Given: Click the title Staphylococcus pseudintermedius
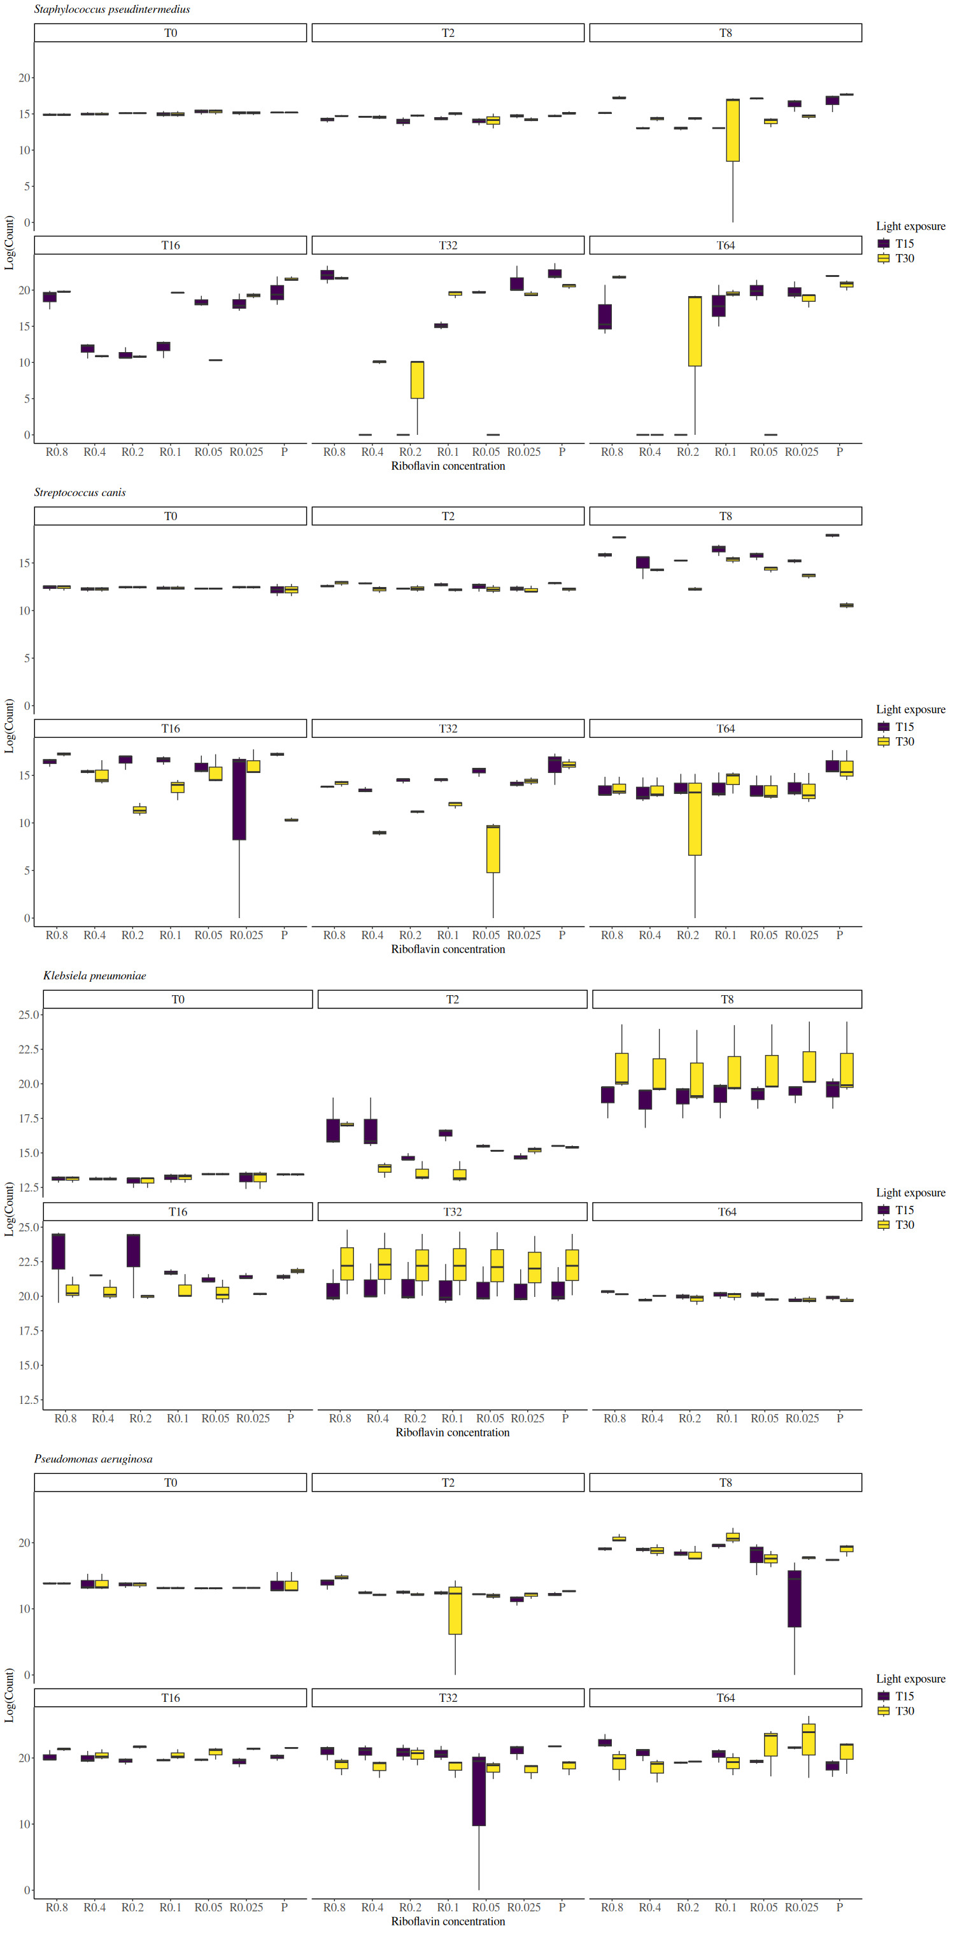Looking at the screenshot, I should [x=112, y=10].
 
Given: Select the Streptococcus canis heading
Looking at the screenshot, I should [x=80, y=493].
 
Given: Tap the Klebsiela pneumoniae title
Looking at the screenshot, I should [x=94, y=976].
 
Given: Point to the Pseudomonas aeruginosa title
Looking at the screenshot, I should [x=93, y=1459].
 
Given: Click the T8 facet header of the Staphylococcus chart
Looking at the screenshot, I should [x=725, y=33].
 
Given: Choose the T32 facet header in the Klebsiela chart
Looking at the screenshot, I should [x=451, y=1212].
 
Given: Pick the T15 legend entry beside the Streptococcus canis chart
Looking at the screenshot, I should [x=896, y=727].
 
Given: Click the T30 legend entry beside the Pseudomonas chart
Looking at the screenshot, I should [x=896, y=1711].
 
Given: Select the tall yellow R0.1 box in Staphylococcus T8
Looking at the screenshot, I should [x=733, y=131].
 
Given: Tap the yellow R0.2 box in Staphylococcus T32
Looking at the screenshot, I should [x=417, y=379].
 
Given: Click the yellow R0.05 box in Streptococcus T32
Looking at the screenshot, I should [x=493, y=849].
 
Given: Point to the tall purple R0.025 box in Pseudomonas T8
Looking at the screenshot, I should [x=795, y=1598].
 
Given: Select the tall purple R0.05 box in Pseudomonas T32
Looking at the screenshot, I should [x=479, y=1790].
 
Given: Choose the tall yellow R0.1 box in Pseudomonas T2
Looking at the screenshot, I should [x=455, y=1610].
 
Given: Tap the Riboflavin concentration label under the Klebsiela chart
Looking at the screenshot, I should [x=451, y=1433].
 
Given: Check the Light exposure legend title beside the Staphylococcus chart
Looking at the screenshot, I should [x=910, y=227].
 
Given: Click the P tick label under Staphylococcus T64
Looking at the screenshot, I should [x=840, y=453].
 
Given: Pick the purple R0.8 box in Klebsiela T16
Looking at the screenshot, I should [x=59, y=1252].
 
